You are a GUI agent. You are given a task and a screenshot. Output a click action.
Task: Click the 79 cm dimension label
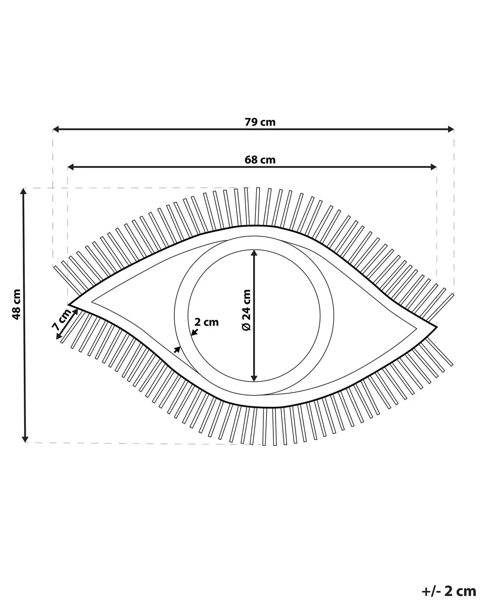point(260,122)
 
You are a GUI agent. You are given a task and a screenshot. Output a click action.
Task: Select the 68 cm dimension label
point(260,160)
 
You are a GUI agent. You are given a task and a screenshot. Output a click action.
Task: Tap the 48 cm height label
point(17,304)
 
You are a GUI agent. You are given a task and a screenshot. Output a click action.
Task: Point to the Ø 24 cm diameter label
point(246,310)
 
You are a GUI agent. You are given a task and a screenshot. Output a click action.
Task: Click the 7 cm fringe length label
point(62,319)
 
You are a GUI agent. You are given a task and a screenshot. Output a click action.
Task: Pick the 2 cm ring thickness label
point(207,322)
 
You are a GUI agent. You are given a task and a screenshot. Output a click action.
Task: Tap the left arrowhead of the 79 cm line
point(56,129)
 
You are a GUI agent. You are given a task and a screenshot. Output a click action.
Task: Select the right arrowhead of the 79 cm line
point(451,129)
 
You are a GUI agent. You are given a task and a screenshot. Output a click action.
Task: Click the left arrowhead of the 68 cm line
point(71,167)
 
